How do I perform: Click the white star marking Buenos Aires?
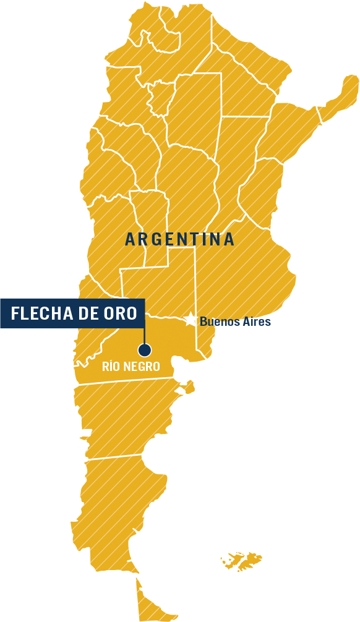(x=190, y=320)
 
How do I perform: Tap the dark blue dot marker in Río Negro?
(x=145, y=350)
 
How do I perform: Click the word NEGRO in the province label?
(x=142, y=367)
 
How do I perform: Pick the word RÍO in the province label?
(x=111, y=367)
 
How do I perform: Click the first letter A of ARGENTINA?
(x=130, y=239)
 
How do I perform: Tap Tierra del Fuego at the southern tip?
(x=152, y=603)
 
